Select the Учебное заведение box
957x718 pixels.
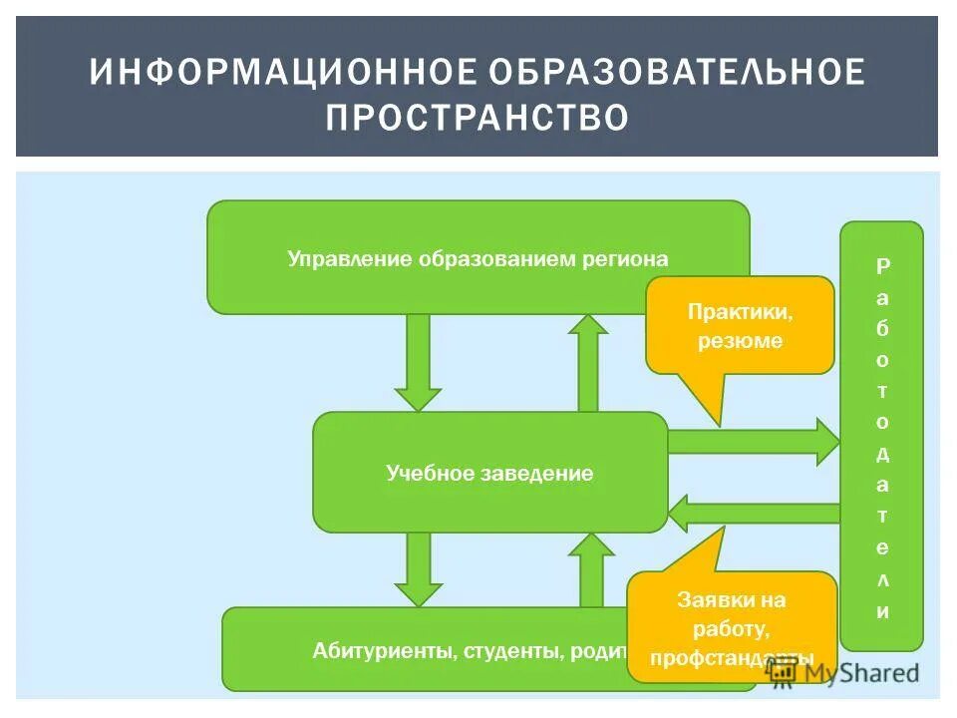[x=489, y=473]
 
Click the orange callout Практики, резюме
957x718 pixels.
[x=740, y=326]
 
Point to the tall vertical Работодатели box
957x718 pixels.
[x=881, y=436]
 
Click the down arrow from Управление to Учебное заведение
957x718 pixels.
[x=418, y=361]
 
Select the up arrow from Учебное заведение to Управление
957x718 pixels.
[x=588, y=361]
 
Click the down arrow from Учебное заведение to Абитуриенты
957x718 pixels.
[x=418, y=568]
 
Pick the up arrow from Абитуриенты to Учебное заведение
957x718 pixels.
[x=591, y=568]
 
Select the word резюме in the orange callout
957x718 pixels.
[x=740, y=341]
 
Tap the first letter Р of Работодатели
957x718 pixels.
[x=882, y=266]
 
